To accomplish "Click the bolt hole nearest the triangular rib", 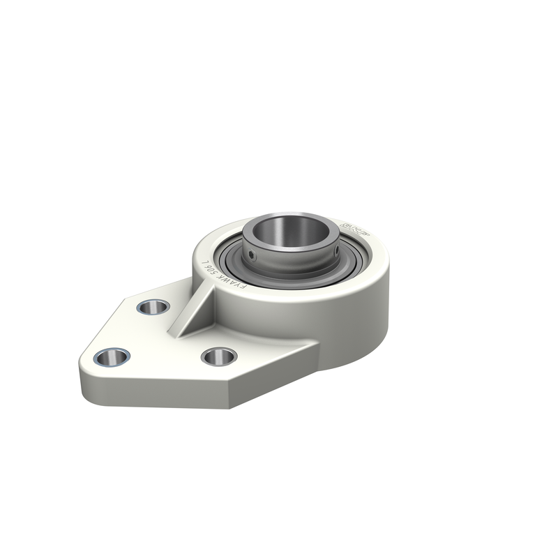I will click(153, 306).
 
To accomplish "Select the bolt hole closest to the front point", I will click(218, 356).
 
